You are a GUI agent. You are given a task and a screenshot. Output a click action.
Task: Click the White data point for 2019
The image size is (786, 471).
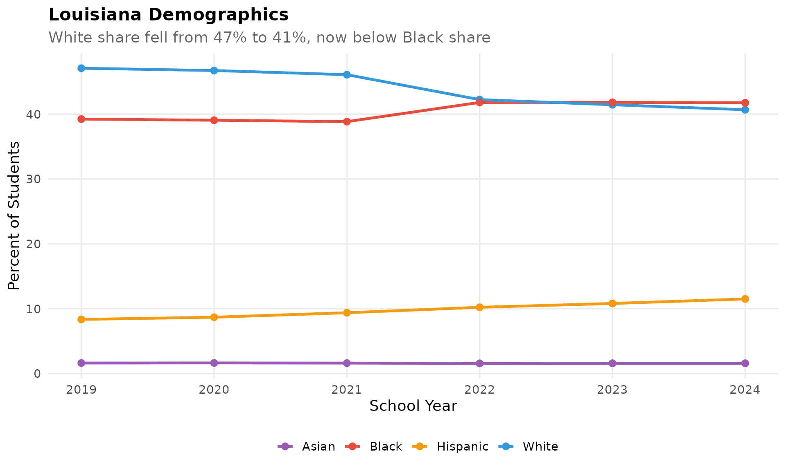(x=81, y=68)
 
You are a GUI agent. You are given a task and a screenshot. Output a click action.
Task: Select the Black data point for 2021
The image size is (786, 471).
(x=347, y=121)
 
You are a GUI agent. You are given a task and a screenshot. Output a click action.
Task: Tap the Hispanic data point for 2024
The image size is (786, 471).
(x=745, y=299)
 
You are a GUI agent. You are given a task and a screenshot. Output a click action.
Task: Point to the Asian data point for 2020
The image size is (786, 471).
(x=214, y=363)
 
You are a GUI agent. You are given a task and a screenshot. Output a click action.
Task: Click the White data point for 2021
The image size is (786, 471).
(x=347, y=74)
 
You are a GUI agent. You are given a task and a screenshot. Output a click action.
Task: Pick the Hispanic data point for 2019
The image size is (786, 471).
(x=81, y=319)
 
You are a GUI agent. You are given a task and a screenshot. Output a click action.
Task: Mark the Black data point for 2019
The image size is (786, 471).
(x=81, y=119)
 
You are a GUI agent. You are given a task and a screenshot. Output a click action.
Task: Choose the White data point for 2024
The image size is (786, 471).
(x=745, y=110)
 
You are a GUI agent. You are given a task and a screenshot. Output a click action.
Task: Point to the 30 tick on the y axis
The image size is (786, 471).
(x=34, y=179)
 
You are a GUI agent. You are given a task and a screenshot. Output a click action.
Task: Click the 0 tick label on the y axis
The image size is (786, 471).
(x=37, y=374)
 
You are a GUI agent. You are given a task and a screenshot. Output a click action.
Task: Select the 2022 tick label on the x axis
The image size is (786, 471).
(x=479, y=390)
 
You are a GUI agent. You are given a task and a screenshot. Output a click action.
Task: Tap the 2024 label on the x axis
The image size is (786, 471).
(x=745, y=390)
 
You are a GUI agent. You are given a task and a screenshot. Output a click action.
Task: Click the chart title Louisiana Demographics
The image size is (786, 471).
(x=169, y=15)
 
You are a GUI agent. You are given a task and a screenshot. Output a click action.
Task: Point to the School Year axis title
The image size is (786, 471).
(x=413, y=406)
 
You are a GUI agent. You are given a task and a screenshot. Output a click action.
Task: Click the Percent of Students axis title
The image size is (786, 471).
(x=14, y=215)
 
